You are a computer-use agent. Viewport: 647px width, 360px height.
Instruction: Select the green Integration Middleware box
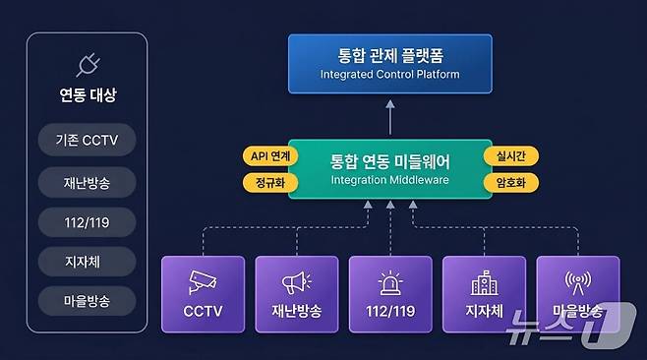(389, 167)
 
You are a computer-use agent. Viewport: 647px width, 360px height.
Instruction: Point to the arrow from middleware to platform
(389, 119)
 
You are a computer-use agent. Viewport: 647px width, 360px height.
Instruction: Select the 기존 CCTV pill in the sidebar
(87, 140)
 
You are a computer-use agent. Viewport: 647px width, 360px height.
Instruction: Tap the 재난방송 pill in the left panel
(87, 182)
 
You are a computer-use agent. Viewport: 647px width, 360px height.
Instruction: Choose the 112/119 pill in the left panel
(87, 223)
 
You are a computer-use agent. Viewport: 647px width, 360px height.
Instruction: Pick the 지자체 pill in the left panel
(87, 261)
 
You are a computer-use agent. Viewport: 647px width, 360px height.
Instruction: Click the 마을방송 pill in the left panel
(87, 299)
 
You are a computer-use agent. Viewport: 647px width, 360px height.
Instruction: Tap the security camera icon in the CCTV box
(203, 281)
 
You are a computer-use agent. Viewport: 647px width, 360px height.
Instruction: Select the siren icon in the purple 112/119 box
(390, 283)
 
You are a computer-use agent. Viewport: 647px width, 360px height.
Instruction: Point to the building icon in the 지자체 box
(484, 283)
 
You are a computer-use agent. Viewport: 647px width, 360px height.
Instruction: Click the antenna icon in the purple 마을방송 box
(577, 281)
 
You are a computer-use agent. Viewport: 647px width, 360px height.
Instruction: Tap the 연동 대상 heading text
(87, 96)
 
